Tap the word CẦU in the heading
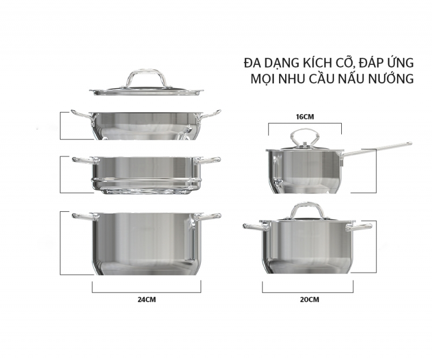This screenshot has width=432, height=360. coord(326,79)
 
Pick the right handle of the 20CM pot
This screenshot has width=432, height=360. coord(359,228)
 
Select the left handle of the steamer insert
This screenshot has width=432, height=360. coord(83,161)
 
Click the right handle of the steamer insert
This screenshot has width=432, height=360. coord(210,161)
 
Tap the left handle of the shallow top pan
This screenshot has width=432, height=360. coord(81,114)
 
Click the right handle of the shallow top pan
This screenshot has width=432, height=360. coord(211,114)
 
